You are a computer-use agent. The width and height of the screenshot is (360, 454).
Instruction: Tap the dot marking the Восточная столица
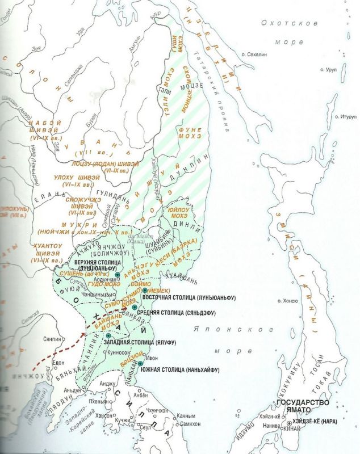[x=145, y=289]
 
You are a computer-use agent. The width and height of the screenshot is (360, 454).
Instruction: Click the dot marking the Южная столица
[x=140, y=363]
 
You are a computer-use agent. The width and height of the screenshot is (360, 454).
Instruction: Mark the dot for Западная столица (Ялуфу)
[x=108, y=335]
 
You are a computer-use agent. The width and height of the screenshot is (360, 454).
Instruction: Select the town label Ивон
[x=152, y=358]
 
